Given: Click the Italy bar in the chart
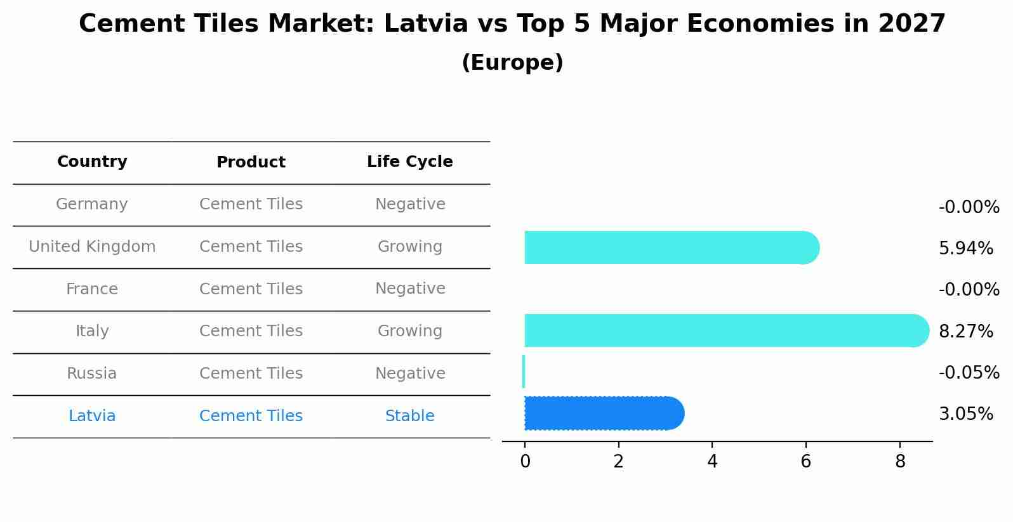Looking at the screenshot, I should click(724, 330).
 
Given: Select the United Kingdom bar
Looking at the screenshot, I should click(670, 247).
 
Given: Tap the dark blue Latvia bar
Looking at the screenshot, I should click(603, 414).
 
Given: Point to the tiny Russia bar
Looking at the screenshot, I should click(524, 372).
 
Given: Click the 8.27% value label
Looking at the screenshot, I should click(965, 331).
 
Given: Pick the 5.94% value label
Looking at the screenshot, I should click(965, 248).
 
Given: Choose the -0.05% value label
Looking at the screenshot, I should click(969, 372).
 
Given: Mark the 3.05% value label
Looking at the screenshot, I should click(965, 414).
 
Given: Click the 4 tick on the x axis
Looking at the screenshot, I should click(712, 462).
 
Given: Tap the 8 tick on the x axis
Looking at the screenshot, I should click(900, 462).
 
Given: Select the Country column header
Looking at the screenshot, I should click(92, 162).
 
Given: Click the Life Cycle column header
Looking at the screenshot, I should click(410, 162).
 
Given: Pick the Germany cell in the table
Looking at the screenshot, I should click(92, 204).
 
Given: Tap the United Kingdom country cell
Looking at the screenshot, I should click(92, 247).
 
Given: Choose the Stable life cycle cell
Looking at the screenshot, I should click(410, 416).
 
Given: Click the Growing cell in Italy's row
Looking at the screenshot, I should click(410, 331).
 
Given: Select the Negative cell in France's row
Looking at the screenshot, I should click(410, 289).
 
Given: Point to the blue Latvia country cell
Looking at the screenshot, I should click(92, 416).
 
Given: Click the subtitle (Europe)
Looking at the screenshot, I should click(512, 63).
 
